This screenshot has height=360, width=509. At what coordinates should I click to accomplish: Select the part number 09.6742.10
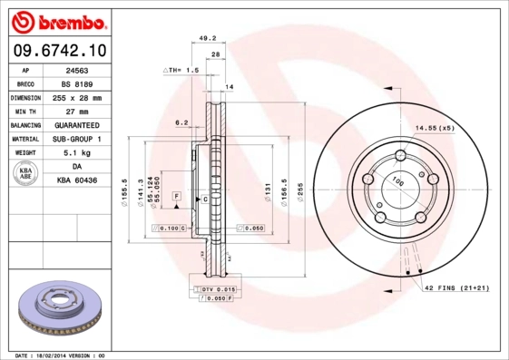tap(59, 52)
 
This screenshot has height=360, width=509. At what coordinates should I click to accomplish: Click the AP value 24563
tap(77, 69)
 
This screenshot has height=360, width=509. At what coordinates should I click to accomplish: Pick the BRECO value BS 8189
tap(77, 83)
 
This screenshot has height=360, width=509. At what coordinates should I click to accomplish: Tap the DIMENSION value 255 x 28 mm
tap(77, 97)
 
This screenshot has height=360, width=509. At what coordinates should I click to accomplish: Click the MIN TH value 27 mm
tap(77, 111)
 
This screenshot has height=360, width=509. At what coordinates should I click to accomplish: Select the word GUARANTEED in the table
tap(77, 125)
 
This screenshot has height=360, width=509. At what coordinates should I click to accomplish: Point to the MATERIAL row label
tap(25, 140)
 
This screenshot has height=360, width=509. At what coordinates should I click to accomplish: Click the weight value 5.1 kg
tap(77, 153)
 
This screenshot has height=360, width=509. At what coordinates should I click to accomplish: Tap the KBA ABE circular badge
tap(24, 174)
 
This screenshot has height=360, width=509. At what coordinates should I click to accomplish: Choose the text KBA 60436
tap(77, 181)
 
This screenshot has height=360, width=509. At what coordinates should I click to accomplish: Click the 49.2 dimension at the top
tap(207, 39)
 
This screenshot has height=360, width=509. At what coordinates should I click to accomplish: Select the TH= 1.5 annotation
tap(181, 70)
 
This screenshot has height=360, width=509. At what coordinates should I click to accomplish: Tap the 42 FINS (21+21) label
tap(457, 288)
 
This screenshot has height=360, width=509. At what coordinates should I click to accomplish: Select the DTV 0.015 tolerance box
tap(212, 287)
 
